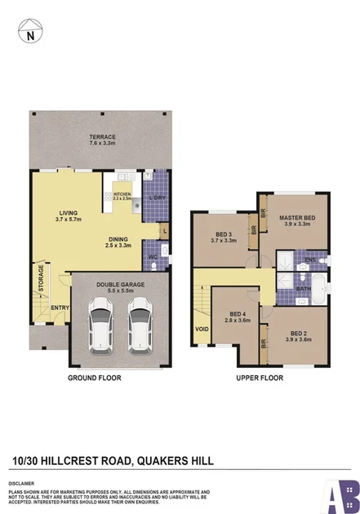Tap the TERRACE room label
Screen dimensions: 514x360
(x=103, y=138)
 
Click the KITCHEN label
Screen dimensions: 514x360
(x=122, y=194)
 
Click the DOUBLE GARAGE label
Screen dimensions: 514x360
(x=120, y=286)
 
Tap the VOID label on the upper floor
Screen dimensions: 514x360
(x=202, y=329)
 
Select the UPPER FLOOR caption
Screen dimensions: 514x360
(x=259, y=379)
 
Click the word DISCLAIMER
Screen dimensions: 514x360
(x=22, y=483)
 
